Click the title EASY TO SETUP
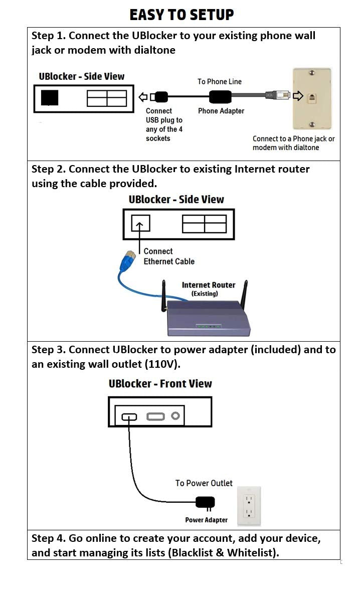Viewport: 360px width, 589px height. (x=182, y=15)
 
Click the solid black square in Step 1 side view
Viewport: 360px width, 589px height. (x=49, y=98)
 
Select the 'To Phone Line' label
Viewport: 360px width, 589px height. (x=219, y=81)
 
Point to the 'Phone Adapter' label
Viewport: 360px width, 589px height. (x=221, y=111)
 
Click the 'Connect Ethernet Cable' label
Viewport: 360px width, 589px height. (x=168, y=256)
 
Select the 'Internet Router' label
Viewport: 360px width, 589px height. (x=208, y=285)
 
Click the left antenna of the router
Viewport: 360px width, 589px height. (x=163, y=296)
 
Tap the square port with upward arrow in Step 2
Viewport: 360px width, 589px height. (x=140, y=223)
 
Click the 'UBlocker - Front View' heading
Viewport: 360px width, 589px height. (x=160, y=384)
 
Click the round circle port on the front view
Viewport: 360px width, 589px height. (x=175, y=416)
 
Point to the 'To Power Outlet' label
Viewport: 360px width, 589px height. (x=204, y=483)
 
